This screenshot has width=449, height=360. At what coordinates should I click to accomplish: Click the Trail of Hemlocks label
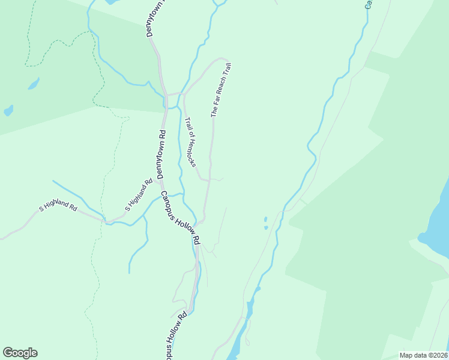point(190,142)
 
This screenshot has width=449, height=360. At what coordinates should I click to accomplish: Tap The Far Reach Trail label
point(220,90)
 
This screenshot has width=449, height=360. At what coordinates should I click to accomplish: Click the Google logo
point(20,353)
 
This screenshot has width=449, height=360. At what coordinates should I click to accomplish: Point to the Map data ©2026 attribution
point(423,355)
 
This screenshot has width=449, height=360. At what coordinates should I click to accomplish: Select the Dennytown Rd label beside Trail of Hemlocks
point(161,154)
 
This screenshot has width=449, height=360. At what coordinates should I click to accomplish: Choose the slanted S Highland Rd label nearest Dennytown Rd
point(139,194)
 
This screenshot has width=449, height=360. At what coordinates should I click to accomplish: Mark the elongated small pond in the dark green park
point(34,83)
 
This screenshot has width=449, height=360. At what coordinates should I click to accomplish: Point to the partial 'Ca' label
point(369,5)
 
